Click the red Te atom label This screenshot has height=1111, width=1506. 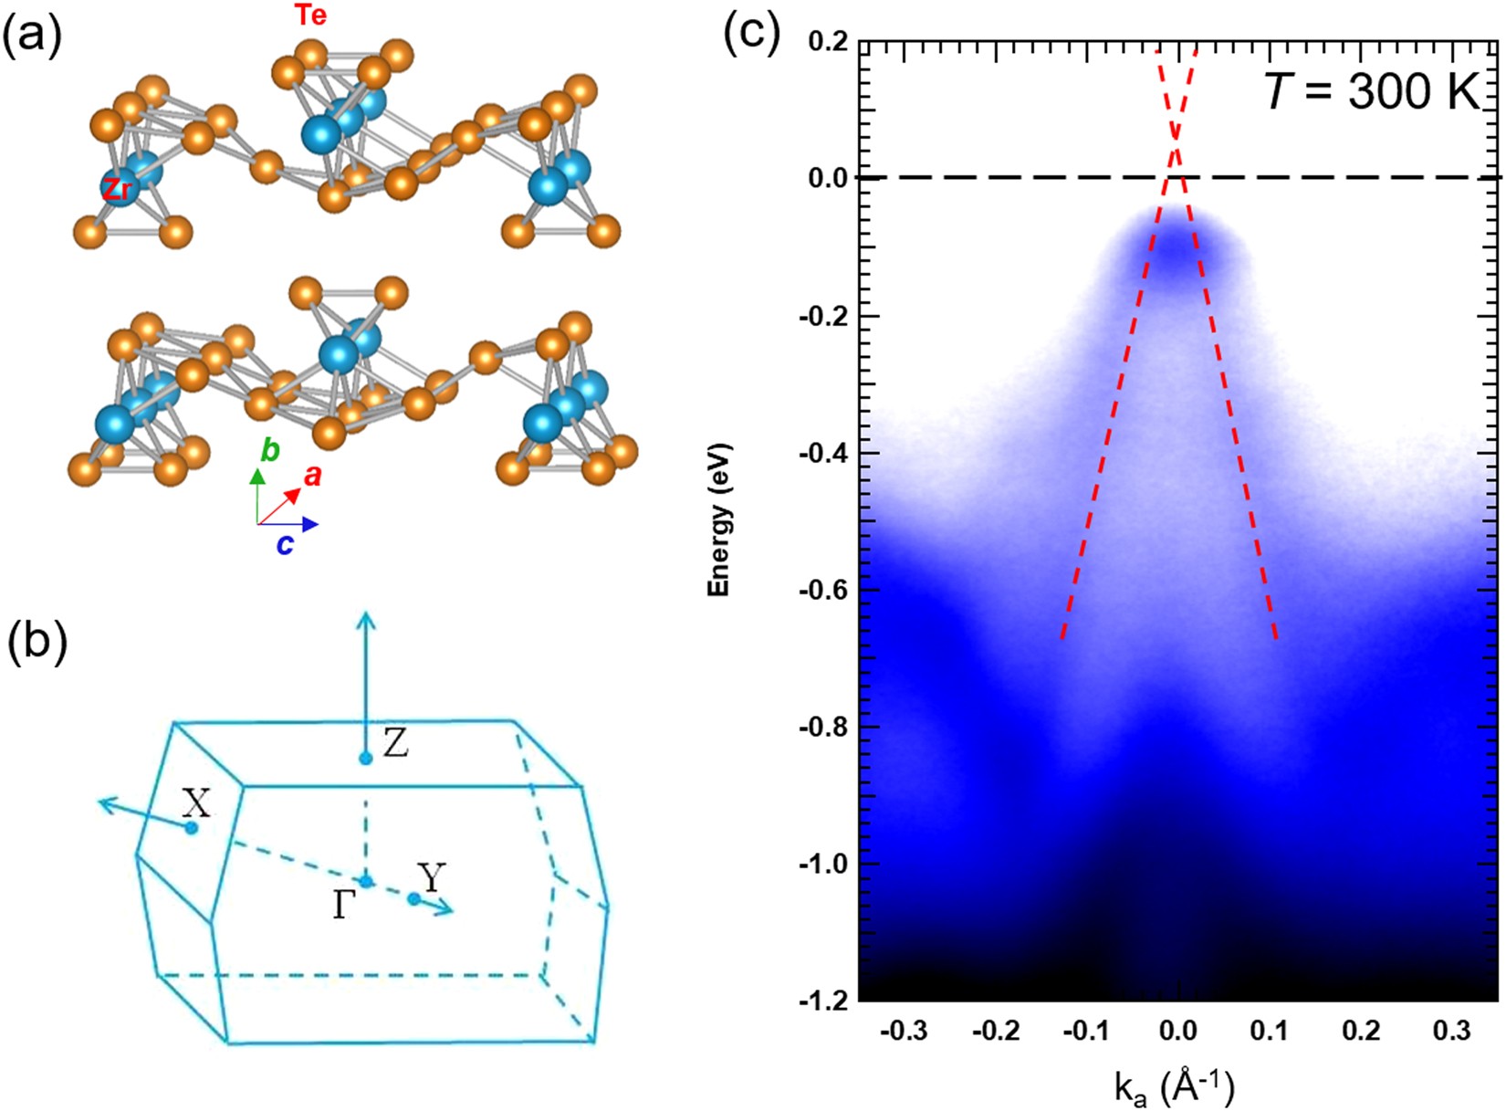pos(311,16)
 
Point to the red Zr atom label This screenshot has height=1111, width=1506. pos(116,190)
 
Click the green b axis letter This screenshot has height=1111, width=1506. pos(269,450)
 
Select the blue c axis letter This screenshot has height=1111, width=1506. pos(285,545)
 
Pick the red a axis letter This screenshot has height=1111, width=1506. pos(313,476)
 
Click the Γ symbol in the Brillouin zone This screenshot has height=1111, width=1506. pos(343,905)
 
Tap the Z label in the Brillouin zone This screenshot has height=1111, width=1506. pos(395,745)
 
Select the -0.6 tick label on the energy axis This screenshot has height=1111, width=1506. pos(822,590)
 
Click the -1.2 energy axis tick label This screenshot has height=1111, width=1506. pos(822,1001)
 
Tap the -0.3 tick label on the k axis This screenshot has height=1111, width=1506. pos(904,1031)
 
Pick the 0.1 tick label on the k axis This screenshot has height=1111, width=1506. pos(1269,1031)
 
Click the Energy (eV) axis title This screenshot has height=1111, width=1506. pos(719,520)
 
